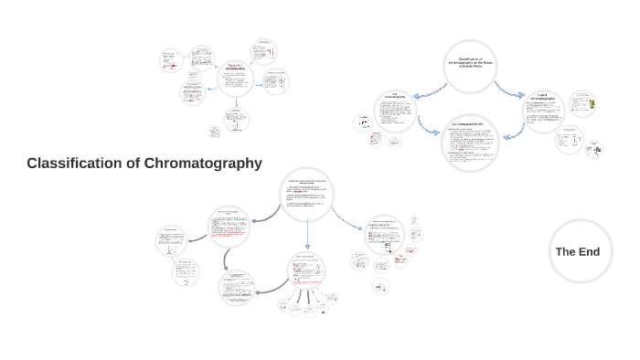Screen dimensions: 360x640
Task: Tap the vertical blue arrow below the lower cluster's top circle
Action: pyautogui.click(x=307, y=235)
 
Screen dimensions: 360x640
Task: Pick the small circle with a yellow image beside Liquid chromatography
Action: pyautogui.click(x=582, y=105)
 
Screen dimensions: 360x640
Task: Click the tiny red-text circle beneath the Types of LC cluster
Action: pyautogui.click(x=215, y=132)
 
